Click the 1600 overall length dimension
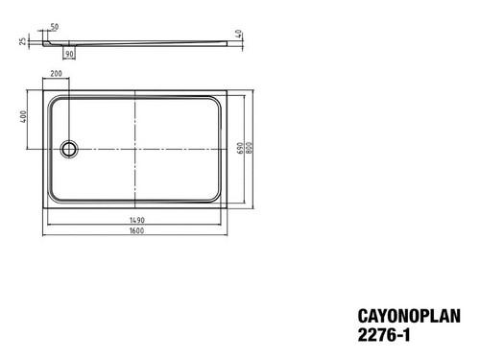136,230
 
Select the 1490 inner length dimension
137,220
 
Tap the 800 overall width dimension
250,148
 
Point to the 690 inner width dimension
240,148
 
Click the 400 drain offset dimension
23,116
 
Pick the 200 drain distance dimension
56,73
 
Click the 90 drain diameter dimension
69,54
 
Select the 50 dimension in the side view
55,27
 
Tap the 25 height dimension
23,41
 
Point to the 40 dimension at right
238,34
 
